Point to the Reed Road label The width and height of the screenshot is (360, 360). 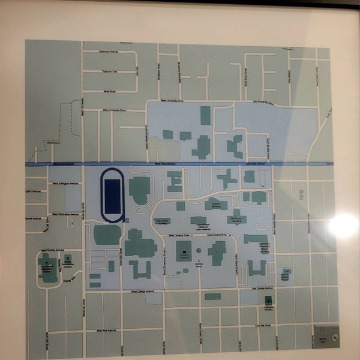109,91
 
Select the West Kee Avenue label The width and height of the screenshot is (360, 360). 109,329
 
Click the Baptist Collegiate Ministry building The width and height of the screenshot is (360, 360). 268,300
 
